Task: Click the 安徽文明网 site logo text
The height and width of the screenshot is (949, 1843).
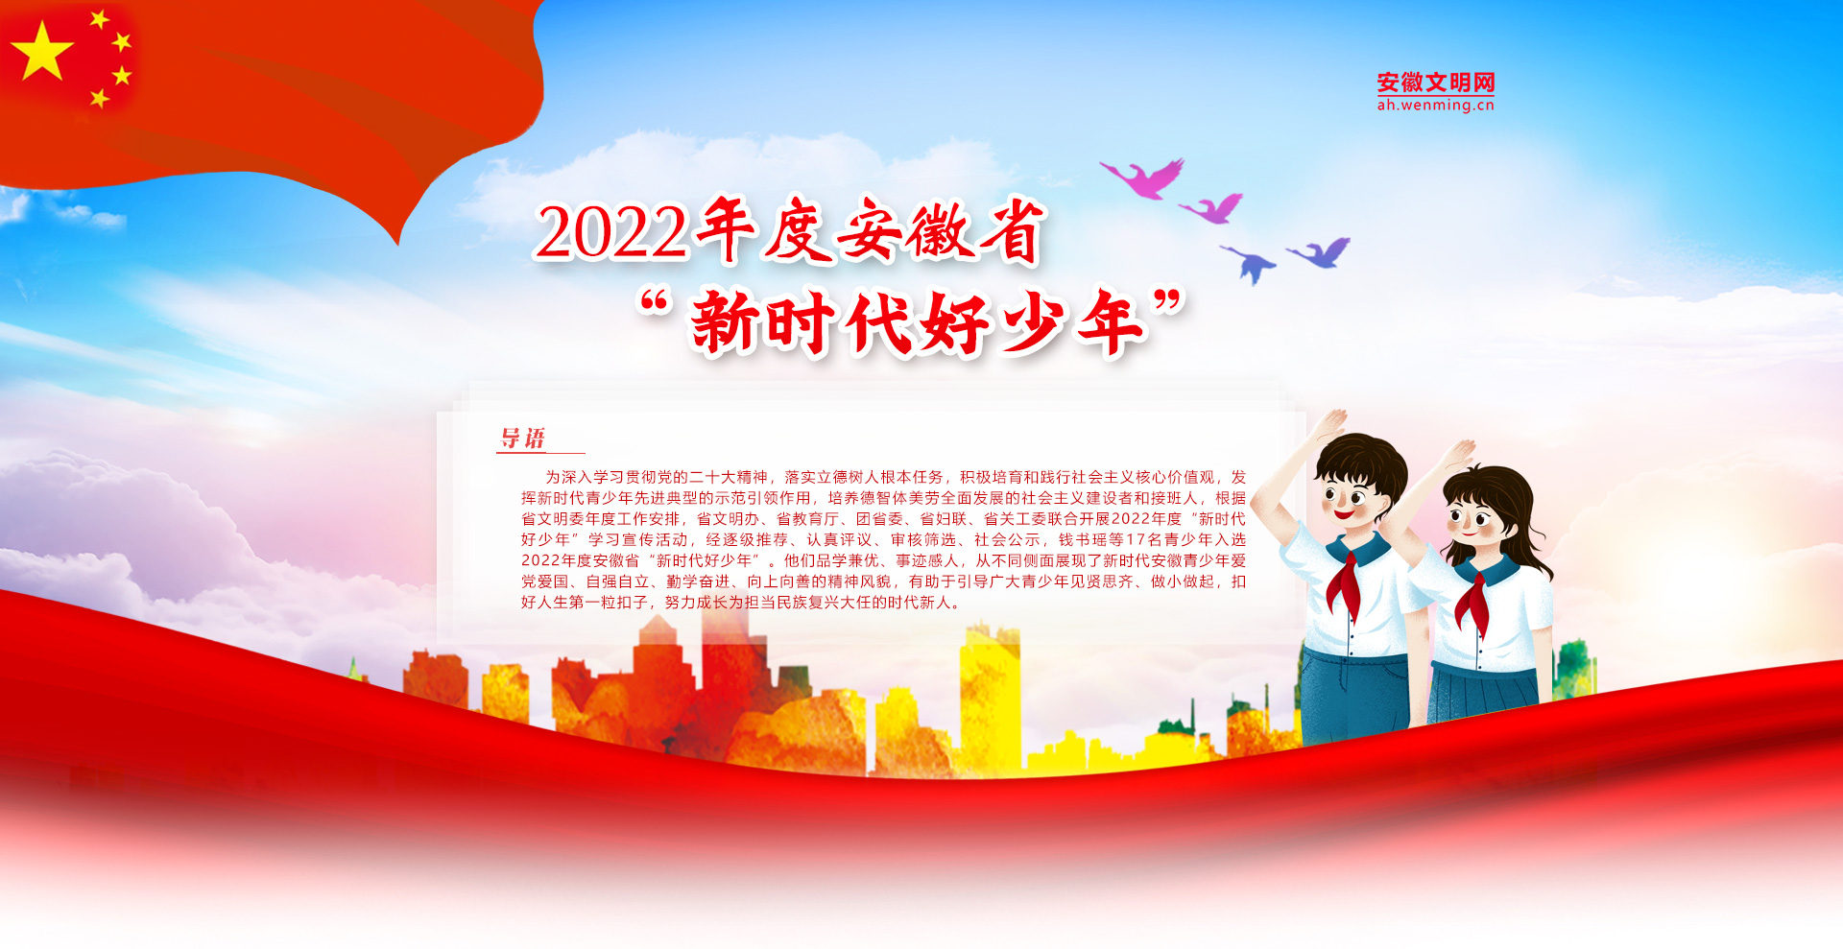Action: pyautogui.click(x=1435, y=83)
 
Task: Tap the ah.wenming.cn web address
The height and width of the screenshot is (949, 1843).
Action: pyautogui.click(x=1435, y=106)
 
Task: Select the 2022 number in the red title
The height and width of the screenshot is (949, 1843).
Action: pyautogui.click(x=611, y=232)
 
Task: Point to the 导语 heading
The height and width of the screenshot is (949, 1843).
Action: pyautogui.click(x=523, y=439)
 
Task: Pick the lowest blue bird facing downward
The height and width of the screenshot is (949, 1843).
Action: pyautogui.click(x=1249, y=263)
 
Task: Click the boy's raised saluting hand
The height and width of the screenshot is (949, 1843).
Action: pyautogui.click(x=1330, y=428)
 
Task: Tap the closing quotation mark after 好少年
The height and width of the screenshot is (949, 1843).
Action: pyautogui.click(x=1168, y=302)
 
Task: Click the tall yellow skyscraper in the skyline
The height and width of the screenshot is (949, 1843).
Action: pyautogui.click(x=990, y=696)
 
